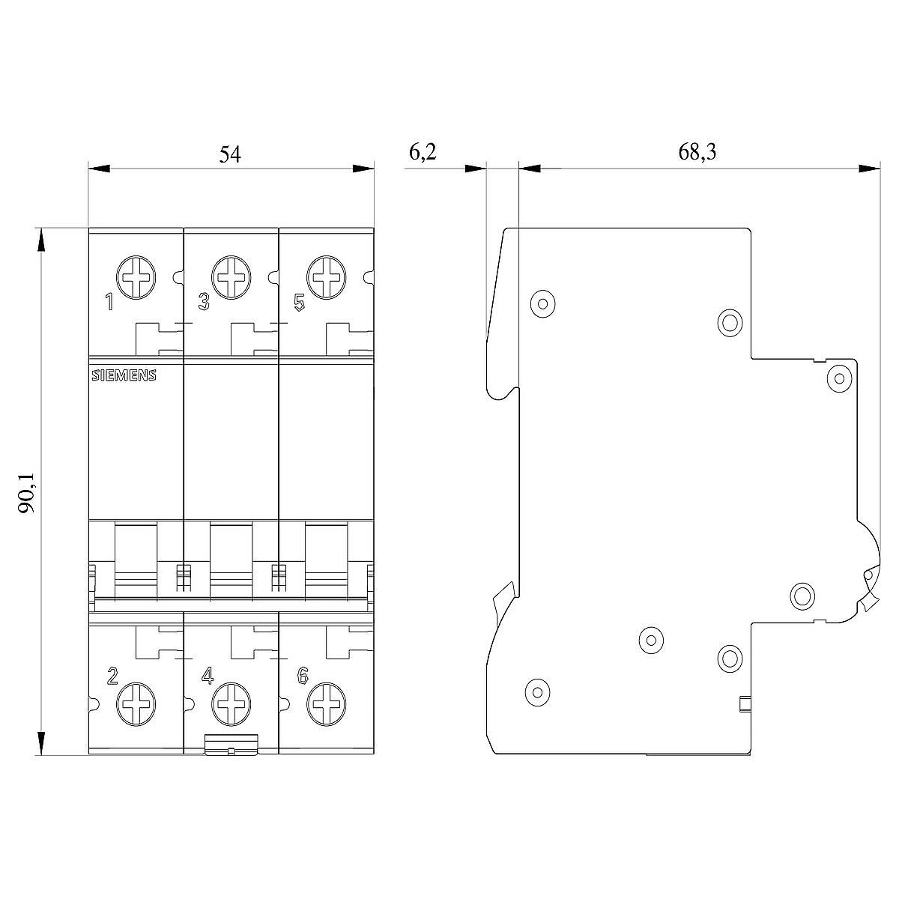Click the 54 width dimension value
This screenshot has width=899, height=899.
click(x=230, y=155)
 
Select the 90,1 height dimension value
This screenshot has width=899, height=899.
click(x=26, y=493)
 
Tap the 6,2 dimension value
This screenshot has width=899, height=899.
click(x=423, y=152)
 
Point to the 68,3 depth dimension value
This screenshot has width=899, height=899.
click(x=697, y=152)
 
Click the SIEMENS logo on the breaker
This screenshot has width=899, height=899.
click(x=124, y=375)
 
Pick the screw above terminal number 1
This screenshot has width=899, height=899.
click(x=136, y=278)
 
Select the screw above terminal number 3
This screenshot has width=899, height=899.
click(x=231, y=278)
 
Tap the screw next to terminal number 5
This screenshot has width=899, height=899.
click(x=327, y=278)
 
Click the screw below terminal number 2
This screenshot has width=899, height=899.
click(x=136, y=704)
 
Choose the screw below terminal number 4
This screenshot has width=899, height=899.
click(x=231, y=704)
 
